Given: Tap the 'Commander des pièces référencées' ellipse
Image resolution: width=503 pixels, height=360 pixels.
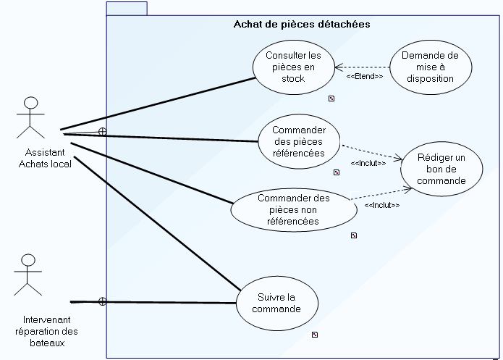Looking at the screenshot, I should point(299,141).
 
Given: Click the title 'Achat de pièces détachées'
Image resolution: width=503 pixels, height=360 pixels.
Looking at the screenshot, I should point(302,24).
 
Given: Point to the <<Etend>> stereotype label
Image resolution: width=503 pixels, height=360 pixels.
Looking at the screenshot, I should point(364,76).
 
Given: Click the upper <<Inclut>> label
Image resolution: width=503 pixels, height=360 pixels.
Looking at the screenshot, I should point(368,162).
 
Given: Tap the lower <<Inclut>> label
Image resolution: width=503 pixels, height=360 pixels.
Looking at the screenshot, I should point(382,205).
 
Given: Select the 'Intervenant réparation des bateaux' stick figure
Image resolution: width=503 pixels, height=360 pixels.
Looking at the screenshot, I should point(28,276).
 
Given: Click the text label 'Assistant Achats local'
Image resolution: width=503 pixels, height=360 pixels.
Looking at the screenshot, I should point(44,158).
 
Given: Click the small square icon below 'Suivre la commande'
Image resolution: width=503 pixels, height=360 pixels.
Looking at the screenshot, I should point(315,335).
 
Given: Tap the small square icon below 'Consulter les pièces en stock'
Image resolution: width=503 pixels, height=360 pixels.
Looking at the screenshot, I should point(331,98).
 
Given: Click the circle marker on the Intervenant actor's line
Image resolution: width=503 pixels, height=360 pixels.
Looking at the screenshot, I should point(102,301).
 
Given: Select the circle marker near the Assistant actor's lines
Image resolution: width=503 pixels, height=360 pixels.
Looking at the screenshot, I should point(102,131).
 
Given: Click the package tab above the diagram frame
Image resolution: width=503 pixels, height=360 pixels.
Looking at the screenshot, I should point(127,8).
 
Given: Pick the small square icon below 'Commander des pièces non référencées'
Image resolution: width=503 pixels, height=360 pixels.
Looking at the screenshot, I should point(354,235).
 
